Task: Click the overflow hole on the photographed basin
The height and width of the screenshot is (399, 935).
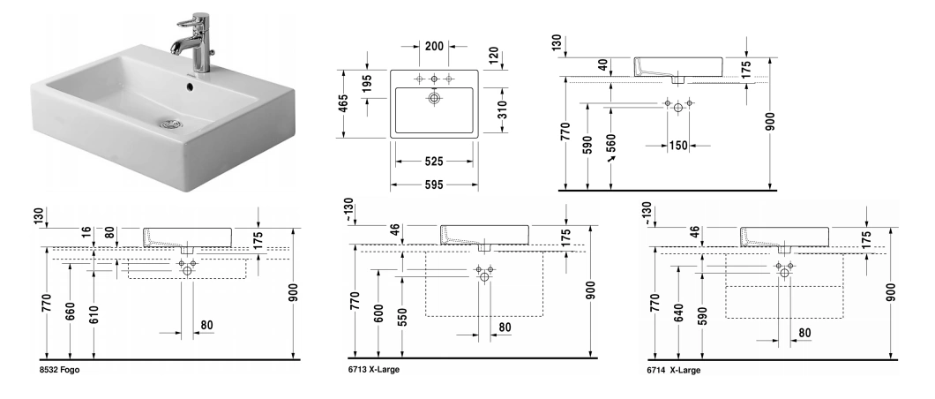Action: point(191,87)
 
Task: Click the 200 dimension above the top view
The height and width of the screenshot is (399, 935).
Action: point(433,46)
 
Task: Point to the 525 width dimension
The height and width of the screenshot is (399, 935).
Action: point(433,162)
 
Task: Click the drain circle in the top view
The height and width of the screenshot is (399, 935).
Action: point(434,99)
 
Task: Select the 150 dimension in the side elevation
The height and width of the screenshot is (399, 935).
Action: point(677,145)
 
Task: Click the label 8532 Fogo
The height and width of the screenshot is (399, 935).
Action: point(59,371)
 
